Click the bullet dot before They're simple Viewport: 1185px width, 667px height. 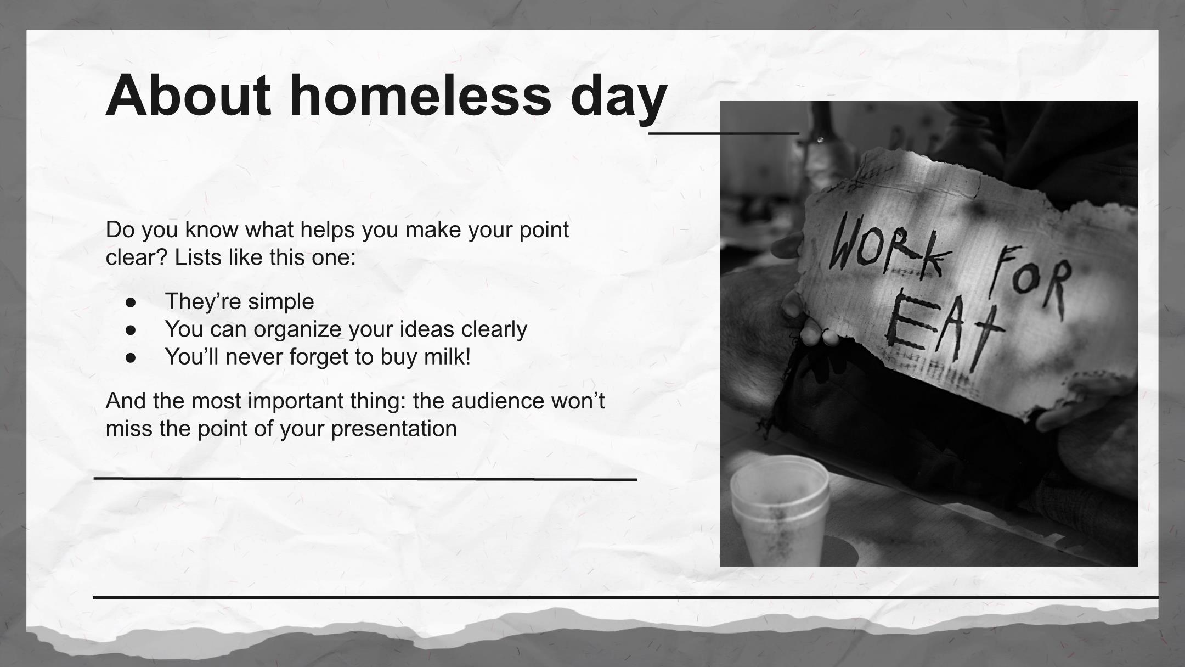coord(131,302)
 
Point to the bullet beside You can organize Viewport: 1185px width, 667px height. coord(131,330)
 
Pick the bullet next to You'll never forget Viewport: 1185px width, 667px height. coord(131,358)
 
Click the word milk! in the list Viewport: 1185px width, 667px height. coord(447,356)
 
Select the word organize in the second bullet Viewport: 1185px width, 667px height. coord(297,330)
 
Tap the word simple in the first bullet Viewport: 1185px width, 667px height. coord(281,302)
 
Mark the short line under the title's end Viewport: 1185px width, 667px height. coord(724,133)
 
